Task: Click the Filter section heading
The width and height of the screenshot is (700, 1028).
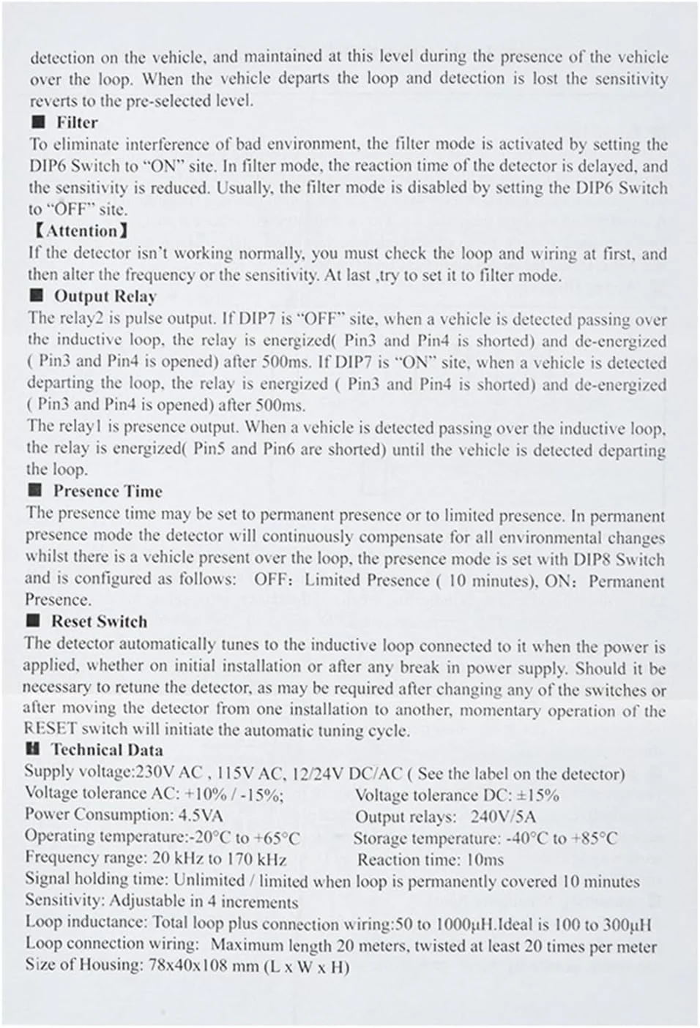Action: point(76,122)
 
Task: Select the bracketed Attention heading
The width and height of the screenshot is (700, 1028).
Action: point(81,231)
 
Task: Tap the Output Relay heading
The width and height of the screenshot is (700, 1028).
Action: point(105,296)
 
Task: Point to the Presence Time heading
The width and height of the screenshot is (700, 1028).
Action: point(107,491)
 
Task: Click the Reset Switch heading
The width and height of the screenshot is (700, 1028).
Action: point(99,621)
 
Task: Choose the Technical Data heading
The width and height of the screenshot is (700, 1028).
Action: point(106,749)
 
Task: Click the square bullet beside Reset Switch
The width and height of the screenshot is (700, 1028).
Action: point(33,621)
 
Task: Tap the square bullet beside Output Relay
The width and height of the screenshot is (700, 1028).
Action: point(37,296)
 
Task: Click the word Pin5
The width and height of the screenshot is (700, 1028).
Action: point(210,449)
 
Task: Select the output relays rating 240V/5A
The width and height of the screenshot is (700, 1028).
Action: point(503,817)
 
